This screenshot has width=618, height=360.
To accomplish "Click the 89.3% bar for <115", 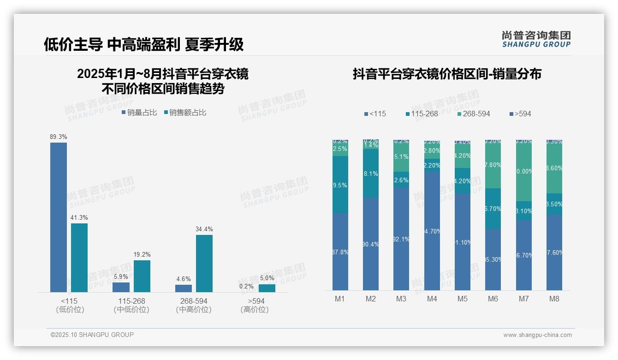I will [59, 217].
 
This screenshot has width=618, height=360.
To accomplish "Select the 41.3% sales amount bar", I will [79, 258].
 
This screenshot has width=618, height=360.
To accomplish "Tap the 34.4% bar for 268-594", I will [204, 263].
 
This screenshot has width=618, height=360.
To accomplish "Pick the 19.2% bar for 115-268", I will [142, 276].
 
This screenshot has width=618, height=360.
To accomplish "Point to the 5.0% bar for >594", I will [267, 288].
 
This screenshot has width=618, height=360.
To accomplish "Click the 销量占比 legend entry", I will [139, 112].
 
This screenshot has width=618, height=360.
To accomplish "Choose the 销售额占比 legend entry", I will [185, 112].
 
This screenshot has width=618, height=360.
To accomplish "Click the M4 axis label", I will [432, 299].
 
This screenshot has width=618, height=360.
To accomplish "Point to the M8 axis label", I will [554, 299].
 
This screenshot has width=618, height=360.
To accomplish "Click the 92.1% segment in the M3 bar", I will [401, 239].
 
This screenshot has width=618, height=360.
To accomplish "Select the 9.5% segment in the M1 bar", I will [340, 185].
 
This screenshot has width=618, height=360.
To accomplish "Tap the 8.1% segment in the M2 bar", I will [371, 174].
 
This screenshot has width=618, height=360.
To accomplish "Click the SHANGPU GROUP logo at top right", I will [536, 39].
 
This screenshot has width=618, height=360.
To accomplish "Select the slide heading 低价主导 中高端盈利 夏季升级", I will [143, 44].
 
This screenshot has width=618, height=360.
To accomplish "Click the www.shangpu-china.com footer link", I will [537, 335].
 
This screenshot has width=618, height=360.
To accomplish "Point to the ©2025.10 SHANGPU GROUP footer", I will [92, 335].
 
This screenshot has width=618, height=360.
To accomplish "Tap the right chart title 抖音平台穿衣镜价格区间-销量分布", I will [447, 74].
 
